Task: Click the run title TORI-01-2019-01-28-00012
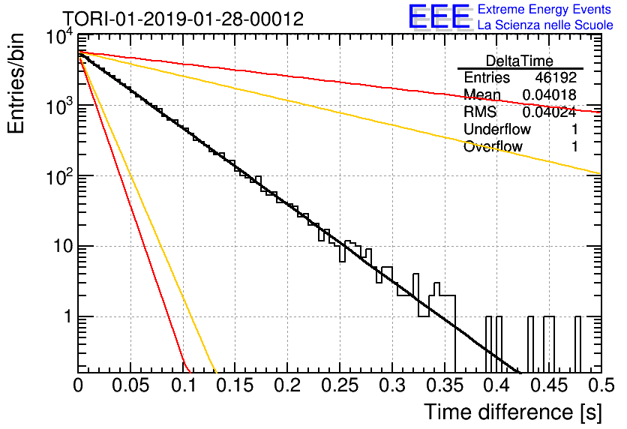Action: (183, 19)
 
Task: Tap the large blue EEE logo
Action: (439, 17)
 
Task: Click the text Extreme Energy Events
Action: (544, 9)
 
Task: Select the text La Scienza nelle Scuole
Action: (545, 25)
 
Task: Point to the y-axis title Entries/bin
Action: (16, 83)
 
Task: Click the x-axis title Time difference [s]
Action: (513, 412)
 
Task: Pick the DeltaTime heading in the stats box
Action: (520, 61)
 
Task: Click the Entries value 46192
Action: (556, 77)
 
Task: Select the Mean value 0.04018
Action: (550, 94)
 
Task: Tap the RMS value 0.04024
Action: (550, 112)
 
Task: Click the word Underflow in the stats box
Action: (497, 129)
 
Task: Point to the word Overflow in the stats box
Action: (493, 147)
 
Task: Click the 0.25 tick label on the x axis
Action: (340, 385)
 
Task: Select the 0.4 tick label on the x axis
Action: (497, 385)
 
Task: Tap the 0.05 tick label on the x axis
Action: (130, 385)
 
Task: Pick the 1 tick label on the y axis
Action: (68, 316)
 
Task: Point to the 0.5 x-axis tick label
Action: (601, 385)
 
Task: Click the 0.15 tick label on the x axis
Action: (235, 385)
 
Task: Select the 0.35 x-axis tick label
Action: (445, 385)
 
